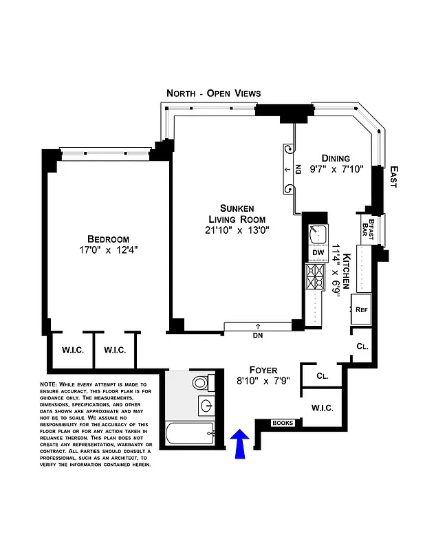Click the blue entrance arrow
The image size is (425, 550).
[x=239, y=444]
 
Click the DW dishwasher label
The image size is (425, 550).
[x=318, y=253]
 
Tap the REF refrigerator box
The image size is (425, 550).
[x=362, y=309]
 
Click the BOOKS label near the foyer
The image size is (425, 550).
[x=283, y=423]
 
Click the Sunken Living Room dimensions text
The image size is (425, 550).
[x=237, y=230]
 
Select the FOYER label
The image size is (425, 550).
[x=263, y=369]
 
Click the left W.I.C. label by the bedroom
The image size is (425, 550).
[x=73, y=350]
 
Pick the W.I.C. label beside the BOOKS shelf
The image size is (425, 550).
[x=322, y=408]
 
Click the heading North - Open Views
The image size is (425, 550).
[x=214, y=93]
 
